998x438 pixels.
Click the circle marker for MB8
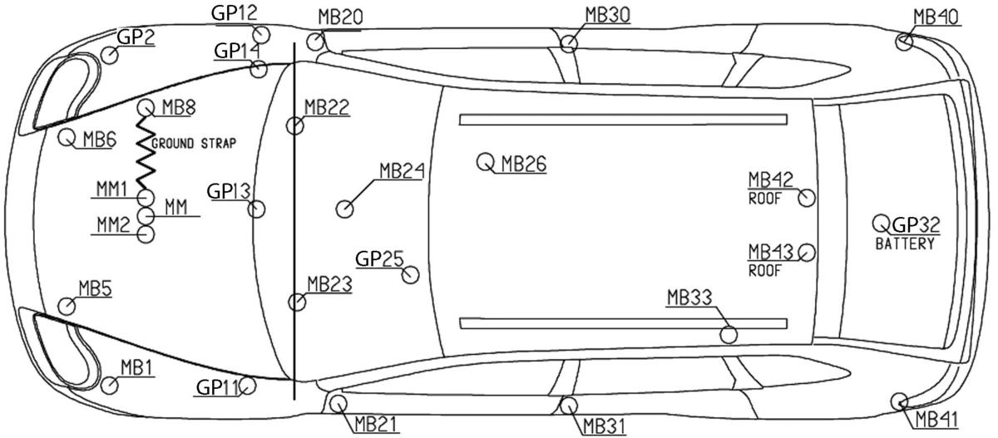coord(145,107)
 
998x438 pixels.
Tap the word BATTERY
coord(904,244)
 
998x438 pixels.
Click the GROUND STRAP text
coord(193,144)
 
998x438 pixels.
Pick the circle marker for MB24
coord(345,208)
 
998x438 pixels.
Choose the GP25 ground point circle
coord(410,274)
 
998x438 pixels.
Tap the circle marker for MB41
coord(899,401)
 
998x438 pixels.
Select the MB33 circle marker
coord(729,335)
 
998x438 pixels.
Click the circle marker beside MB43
coord(806,252)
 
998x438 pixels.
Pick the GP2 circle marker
coord(109,55)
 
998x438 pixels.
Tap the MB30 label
coord(607,14)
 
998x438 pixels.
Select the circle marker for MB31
coord(569,406)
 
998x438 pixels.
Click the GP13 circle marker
coord(257,209)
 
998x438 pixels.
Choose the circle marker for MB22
coord(294,125)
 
